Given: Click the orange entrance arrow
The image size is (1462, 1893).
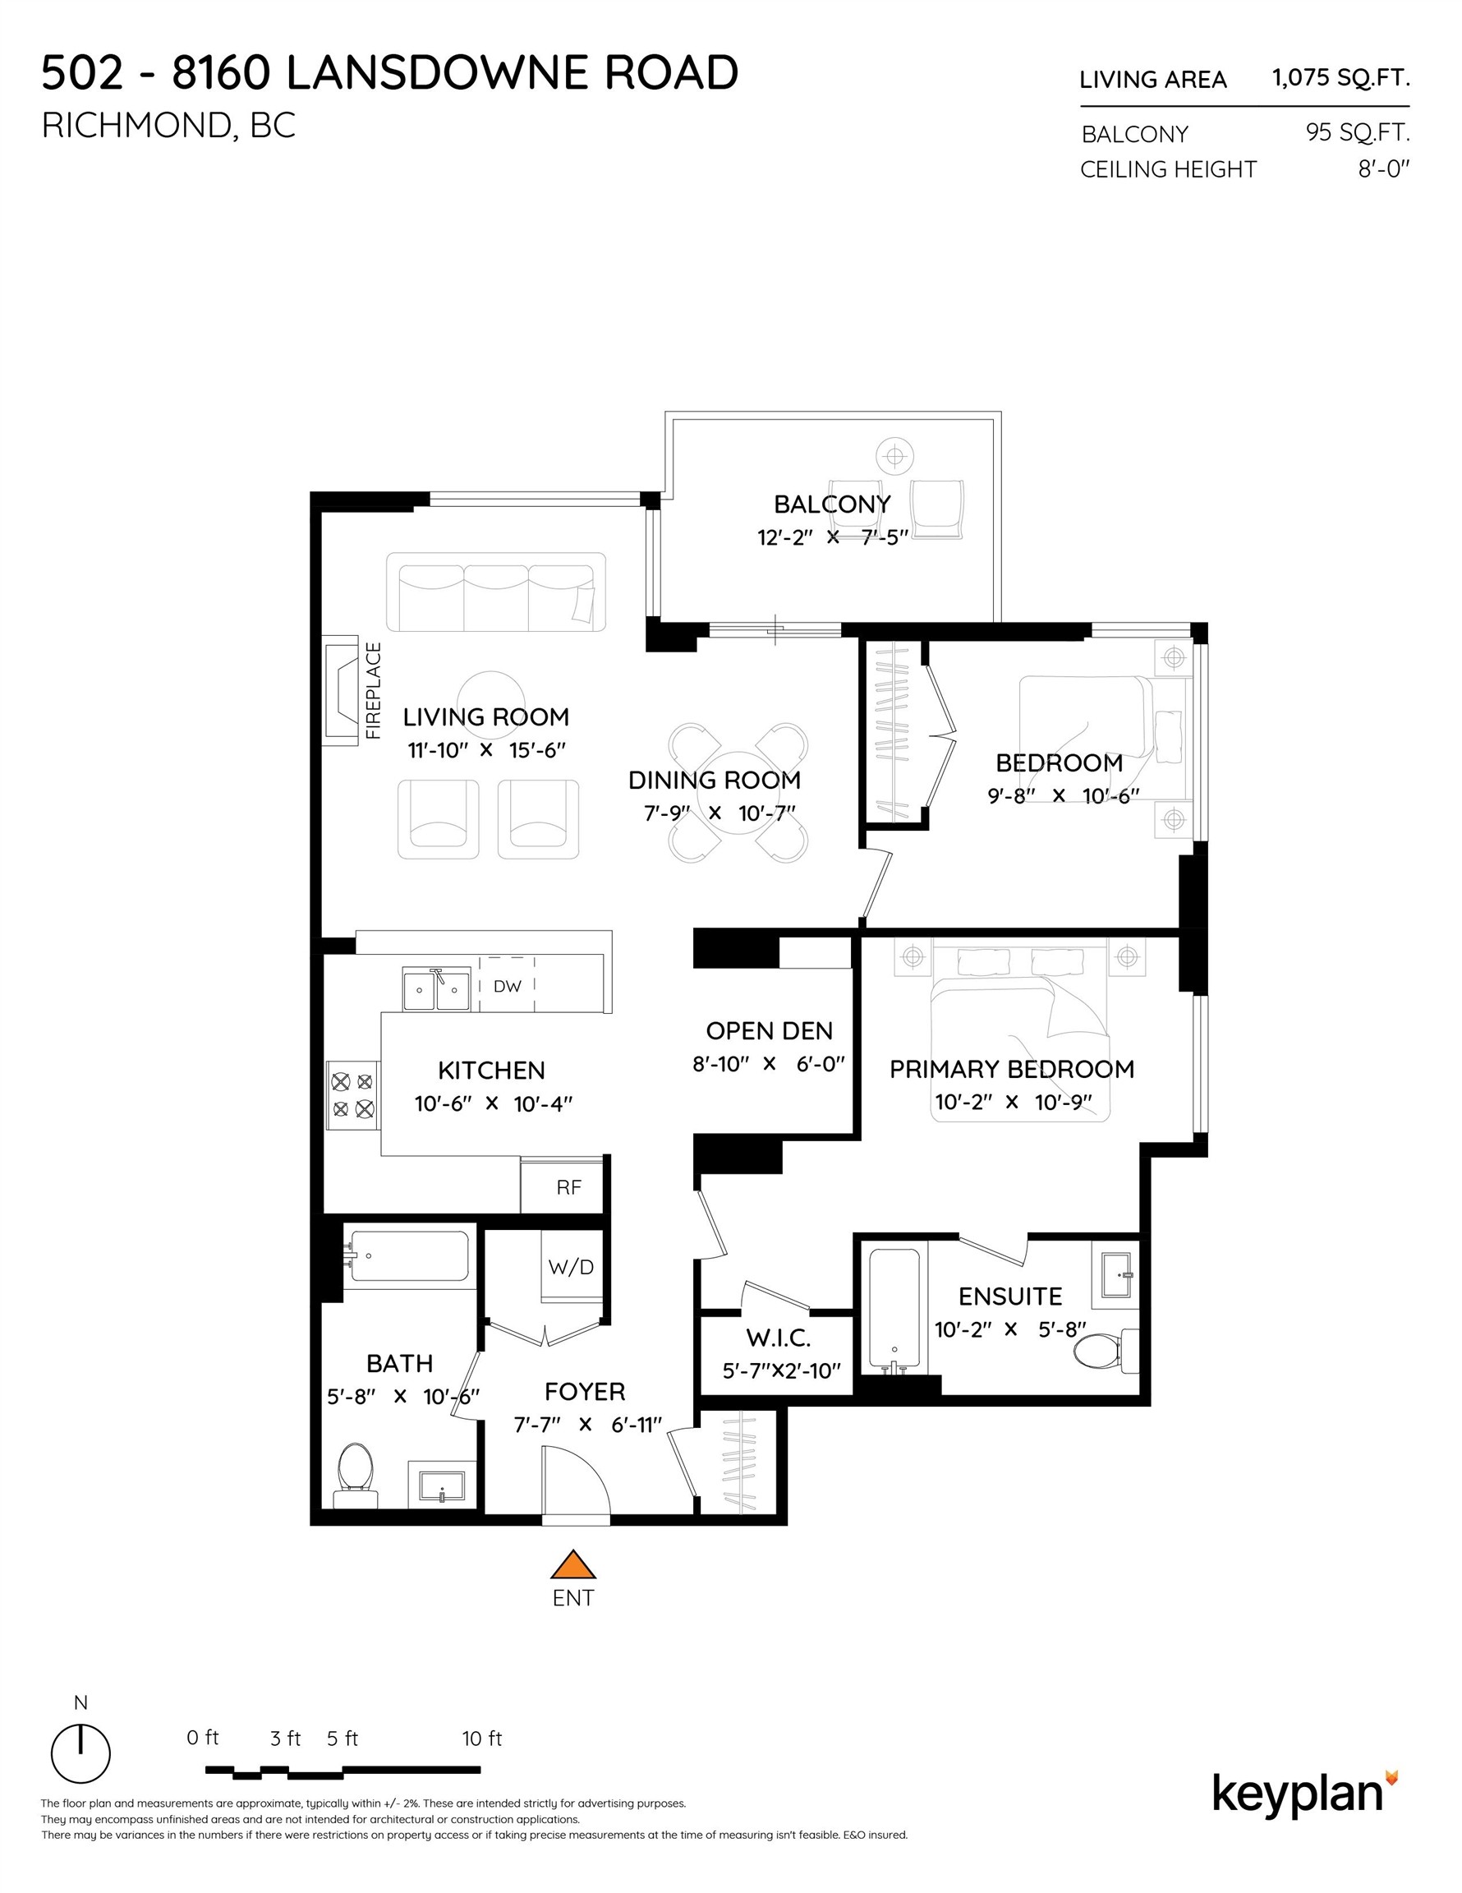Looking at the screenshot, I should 572,1564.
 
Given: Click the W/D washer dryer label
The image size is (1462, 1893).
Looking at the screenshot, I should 571,1267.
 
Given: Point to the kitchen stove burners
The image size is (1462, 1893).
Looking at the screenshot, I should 352,1094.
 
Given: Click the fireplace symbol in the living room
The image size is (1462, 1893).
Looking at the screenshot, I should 342,690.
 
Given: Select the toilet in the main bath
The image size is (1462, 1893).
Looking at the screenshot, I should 356,1466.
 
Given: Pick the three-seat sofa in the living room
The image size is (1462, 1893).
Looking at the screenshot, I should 496,593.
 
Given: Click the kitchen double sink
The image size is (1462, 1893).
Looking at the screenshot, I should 436,990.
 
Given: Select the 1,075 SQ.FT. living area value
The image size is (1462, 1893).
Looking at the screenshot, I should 1340,78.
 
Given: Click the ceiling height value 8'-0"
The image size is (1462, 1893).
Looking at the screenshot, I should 1383,168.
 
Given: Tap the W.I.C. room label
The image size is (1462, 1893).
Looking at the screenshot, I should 779,1338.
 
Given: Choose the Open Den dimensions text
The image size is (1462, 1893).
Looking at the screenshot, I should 768,1063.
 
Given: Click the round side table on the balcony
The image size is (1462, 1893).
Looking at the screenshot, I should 894,455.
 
